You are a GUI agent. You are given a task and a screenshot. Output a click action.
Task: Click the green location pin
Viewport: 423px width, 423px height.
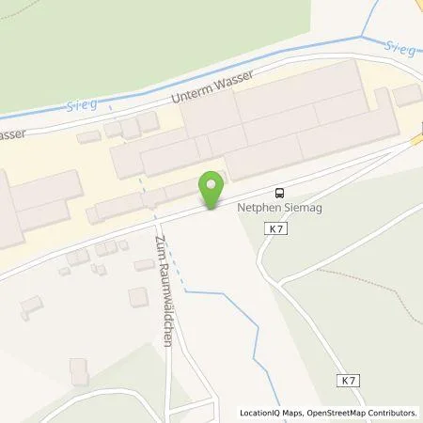point(213,187)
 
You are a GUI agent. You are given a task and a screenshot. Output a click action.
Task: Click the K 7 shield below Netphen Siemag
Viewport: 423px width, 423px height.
point(274,227)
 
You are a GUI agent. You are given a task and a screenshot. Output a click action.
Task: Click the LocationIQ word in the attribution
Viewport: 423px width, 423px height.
point(261,413)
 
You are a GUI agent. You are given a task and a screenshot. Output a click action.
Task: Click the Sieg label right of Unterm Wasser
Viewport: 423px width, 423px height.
point(400,47)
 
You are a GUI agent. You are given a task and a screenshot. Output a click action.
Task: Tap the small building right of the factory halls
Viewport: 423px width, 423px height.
point(407,94)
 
